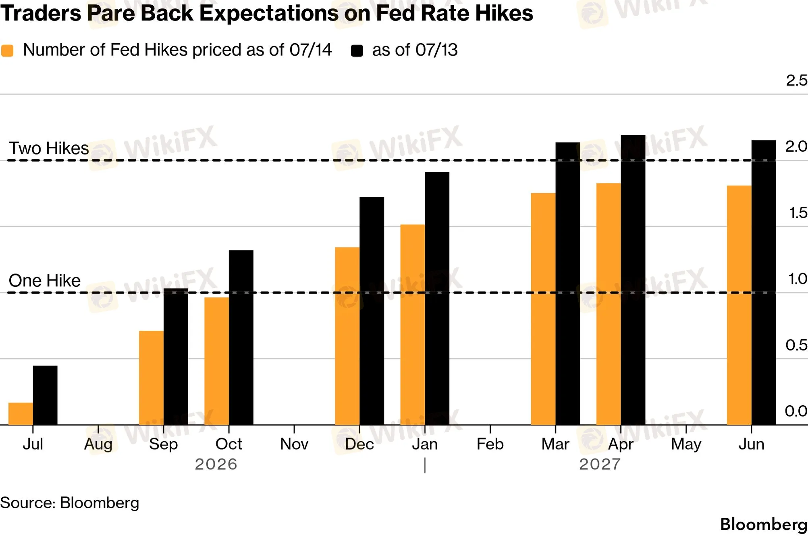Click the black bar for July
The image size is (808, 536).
45,395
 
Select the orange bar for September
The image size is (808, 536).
152,378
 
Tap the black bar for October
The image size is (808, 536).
241,338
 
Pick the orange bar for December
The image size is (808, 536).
347,336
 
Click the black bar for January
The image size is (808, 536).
437,298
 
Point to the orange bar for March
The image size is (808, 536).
543,309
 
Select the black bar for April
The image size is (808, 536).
633,280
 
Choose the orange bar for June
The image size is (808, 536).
739,305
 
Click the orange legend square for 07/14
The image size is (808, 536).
7,51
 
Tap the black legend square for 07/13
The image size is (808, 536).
357,51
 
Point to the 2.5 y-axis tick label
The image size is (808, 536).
797,80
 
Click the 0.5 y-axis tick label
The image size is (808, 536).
796,345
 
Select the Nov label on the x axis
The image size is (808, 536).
294,444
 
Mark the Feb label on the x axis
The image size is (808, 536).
490,444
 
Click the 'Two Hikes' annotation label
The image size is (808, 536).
49,148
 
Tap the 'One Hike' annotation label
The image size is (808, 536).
45,280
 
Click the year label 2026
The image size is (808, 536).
216,464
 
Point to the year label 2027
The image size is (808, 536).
600,464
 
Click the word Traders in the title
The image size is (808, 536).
41,13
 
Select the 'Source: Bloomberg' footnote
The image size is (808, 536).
70,503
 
